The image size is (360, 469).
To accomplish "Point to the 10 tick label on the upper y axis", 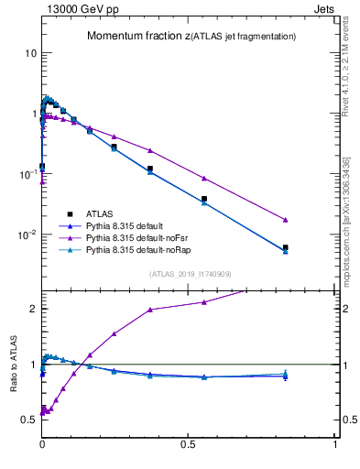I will (x=30, y=53).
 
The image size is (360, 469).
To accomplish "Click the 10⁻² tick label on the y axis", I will (x=27, y=234).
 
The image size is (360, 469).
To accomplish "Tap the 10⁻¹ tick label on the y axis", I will (x=27, y=174).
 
